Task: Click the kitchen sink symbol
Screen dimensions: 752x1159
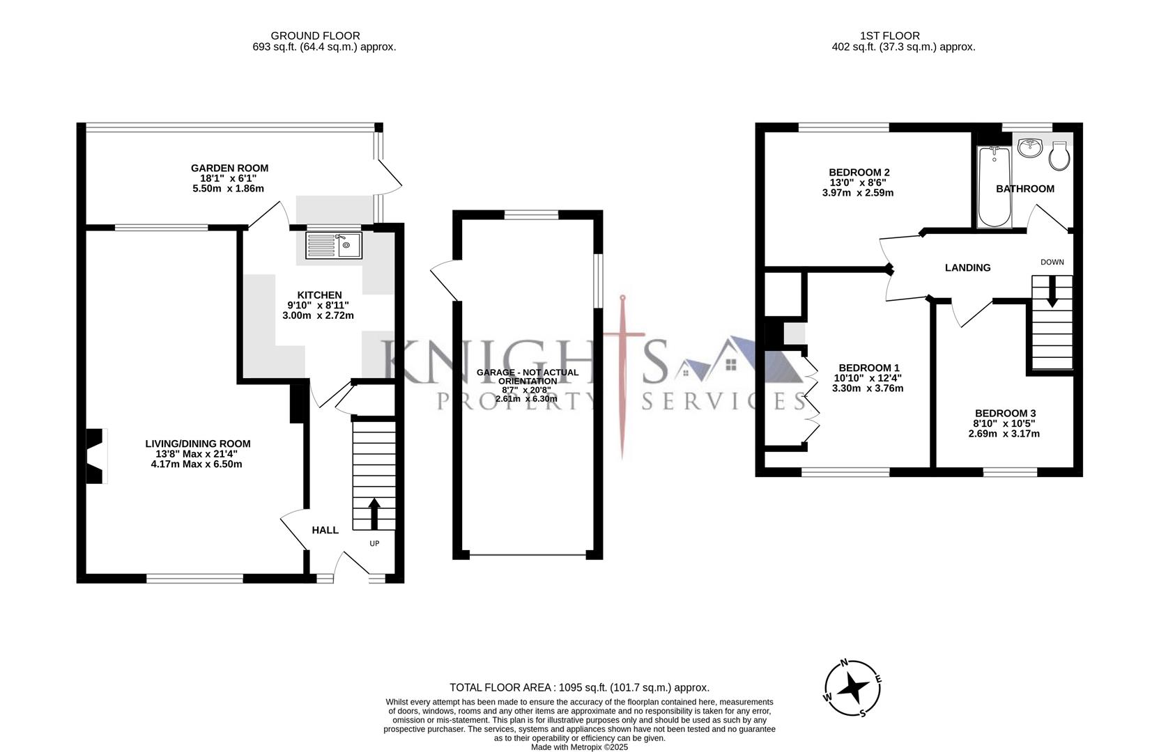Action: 334,244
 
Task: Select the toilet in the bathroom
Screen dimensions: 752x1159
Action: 1059,157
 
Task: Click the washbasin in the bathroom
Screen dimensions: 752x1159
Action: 1029,148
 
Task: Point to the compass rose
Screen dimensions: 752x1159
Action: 852,689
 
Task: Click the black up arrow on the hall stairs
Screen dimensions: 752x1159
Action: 374,514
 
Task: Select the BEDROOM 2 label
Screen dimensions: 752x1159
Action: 859,172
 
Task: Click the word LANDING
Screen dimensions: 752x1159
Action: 967,267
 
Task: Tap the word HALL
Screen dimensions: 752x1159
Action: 325,530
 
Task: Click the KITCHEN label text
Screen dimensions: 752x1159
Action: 319,295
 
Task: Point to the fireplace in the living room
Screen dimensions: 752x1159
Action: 95,455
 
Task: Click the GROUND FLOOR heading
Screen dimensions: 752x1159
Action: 315,36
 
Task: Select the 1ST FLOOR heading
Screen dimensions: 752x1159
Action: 889,36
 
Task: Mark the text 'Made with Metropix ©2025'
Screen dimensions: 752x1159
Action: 579,747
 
